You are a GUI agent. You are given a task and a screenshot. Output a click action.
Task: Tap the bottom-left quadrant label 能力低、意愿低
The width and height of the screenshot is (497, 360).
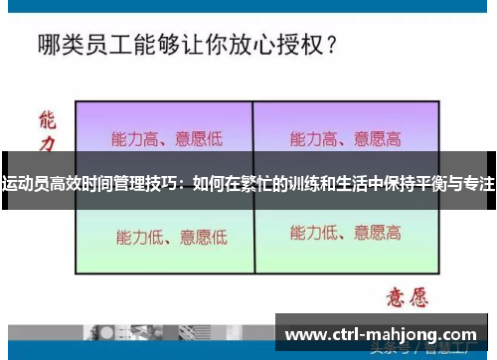(x=171, y=237)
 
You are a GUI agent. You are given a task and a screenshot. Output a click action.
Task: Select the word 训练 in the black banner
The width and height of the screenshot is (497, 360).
(x=304, y=184)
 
